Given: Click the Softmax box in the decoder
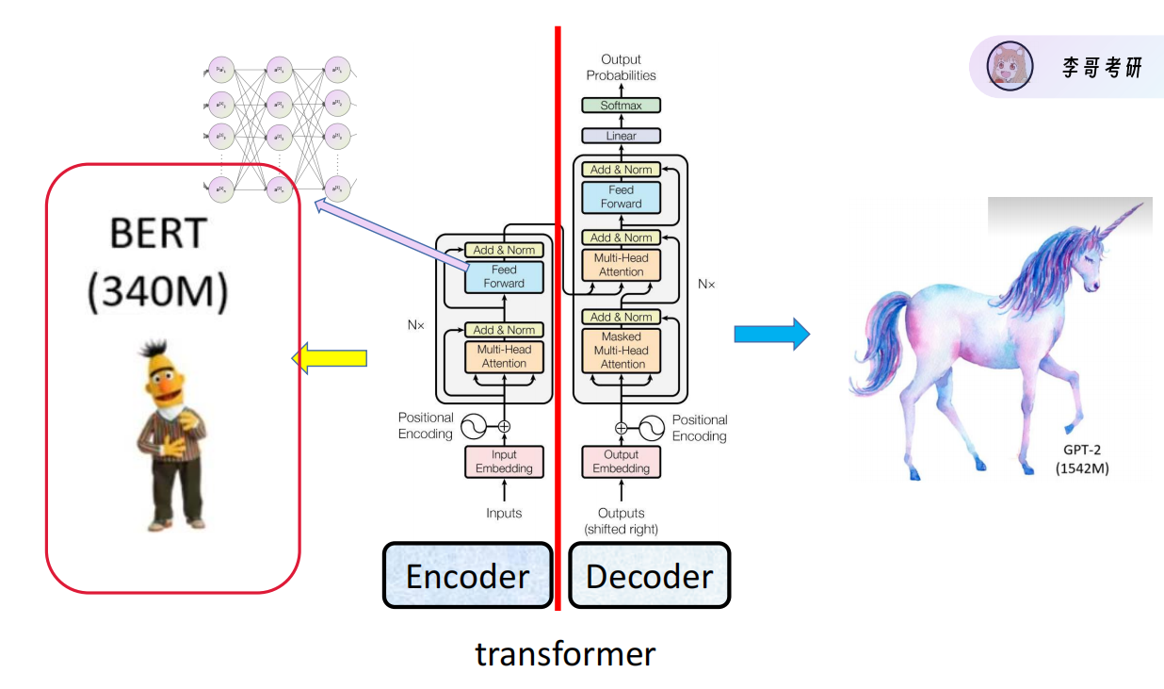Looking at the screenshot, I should (x=621, y=106).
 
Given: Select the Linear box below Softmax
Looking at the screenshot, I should (x=621, y=136).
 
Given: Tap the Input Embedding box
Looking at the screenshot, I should (x=504, y=462).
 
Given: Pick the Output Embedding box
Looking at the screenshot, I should (x=621, y=462).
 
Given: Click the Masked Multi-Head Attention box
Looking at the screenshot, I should (x=622, y=350).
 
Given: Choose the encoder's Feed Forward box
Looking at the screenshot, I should (x=504, y=276).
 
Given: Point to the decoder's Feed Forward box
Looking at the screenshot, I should (x=621, y=197).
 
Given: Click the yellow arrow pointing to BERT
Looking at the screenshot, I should (x=329, y=358).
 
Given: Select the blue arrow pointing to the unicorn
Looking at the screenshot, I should (x=772, y=334).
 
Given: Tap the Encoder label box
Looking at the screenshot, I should (x=467, y=575).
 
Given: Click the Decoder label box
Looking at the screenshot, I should (x=649, y=575).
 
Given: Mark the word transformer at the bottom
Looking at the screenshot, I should (x=565, y=653).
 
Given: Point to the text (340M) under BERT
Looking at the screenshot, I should (x=157, y=292).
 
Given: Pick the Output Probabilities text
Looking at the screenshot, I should (x=621, y=67).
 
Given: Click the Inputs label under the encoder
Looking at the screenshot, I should (x=504, y=514).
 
